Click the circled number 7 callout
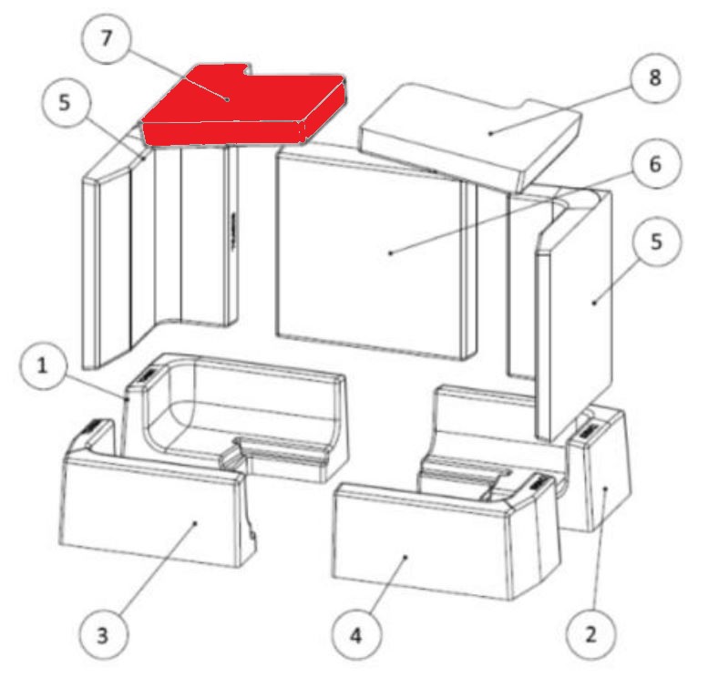tap(106, 38)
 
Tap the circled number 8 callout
tap(655, 77)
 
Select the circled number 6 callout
tap(655, 164)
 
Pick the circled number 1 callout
tap(42, 365)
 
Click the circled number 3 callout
tap(102, 634)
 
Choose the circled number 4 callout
tap(355, 635)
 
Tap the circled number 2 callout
tap(590, 634)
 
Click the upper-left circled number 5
tap(65, 103)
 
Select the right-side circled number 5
tap(656, 241)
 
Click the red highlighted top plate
tap(244, 106)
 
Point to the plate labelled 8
tap(469, 136)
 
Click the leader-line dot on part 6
tap(391, 253)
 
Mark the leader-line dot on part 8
tap(490, 133)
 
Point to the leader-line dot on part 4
tap(405, 557)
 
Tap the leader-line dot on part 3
tap(195, 523)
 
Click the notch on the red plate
tap(246, 71)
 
